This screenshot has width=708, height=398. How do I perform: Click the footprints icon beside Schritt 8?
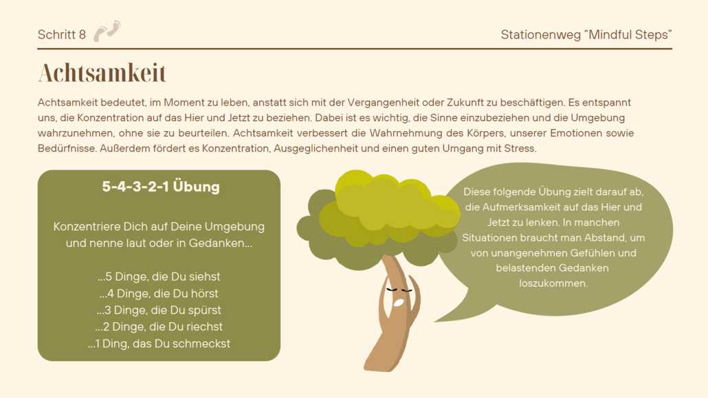pyautogui.click(x=107, y=31)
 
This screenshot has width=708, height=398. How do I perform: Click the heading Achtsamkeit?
pyautogui.click(x=102, y=73)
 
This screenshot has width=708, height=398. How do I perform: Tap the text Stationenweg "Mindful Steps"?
pyautogui.click(x=586, y=35)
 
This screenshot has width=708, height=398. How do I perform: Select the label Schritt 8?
pyautogui.click(x=62, y=35)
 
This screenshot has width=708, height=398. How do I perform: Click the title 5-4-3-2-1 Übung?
pyautogui.click(x=161, y=187)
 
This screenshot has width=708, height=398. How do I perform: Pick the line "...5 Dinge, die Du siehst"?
pyautogui.click(x=159, y=277)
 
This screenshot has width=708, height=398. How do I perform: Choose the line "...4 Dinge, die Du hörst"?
pyautogui.click(x=159, y=294)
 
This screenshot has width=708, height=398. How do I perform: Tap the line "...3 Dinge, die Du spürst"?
pyautogui.click(x=159, y=310)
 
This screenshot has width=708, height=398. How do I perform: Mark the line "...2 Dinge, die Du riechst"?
pyautogui.click(x=159, y=327)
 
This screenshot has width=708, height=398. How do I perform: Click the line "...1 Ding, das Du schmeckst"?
pyautogui.click(x=159, y=344)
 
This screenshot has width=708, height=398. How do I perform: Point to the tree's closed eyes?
pyautogui.click(x=399, y=290)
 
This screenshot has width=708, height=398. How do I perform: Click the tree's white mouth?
pyautogui.click(x=398, y=303)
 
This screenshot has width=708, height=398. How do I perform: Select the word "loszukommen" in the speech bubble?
pyautogui.click(x=553, y=283)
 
